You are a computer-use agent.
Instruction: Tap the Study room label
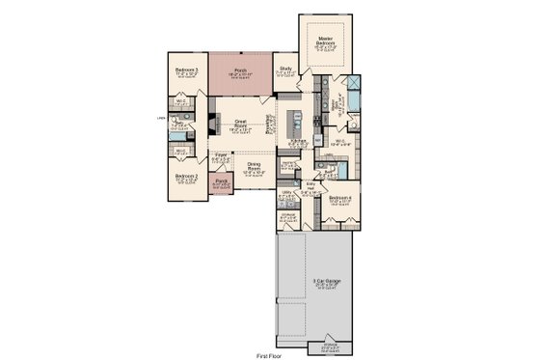pyautogui.click(x=285, y=69)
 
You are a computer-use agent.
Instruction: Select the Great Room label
pyautogui.click(x=241, y=122)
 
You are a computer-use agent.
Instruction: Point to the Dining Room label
pyautogui.click(x=254, y=166)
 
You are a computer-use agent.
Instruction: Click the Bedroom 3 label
pyautogui.click(x=187, y=70)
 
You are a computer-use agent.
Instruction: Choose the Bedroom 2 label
pyautogui.click(x=187, y=177)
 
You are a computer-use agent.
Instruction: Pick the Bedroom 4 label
pyautogui.click(x=339, y=198)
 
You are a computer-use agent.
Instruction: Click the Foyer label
pyautogui.click(x=221, y=154)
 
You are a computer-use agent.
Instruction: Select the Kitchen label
pyautogui.click(x=298, y=141)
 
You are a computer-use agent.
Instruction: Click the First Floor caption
pyautogui.click(x=271, y=355)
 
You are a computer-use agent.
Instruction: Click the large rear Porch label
pyautogui.click(x=240, y=71)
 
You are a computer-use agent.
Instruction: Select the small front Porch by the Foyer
pyautogui.click(x=221, y=181)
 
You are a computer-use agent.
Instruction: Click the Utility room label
pyautogui.click(x=286, y=194)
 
